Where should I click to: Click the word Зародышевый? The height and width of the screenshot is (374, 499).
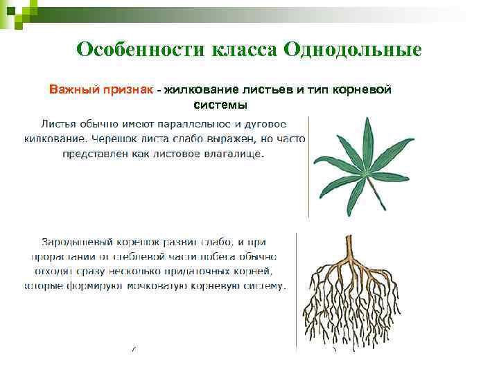click(76, 242)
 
